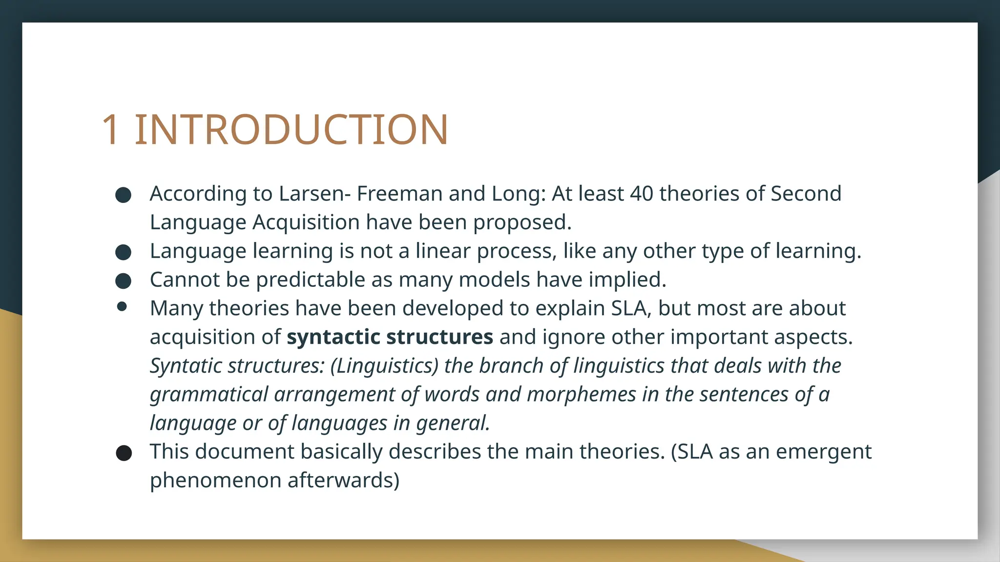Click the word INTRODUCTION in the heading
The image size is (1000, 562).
291,130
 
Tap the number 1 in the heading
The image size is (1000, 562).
111,130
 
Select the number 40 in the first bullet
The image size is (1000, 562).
642,194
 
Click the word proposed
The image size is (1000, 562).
522,222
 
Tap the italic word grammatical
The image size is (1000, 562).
209,395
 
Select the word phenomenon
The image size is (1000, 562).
215,481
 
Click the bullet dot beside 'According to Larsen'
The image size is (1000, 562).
124,195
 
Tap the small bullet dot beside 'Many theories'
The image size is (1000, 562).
122,307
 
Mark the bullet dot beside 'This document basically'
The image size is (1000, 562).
124,453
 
